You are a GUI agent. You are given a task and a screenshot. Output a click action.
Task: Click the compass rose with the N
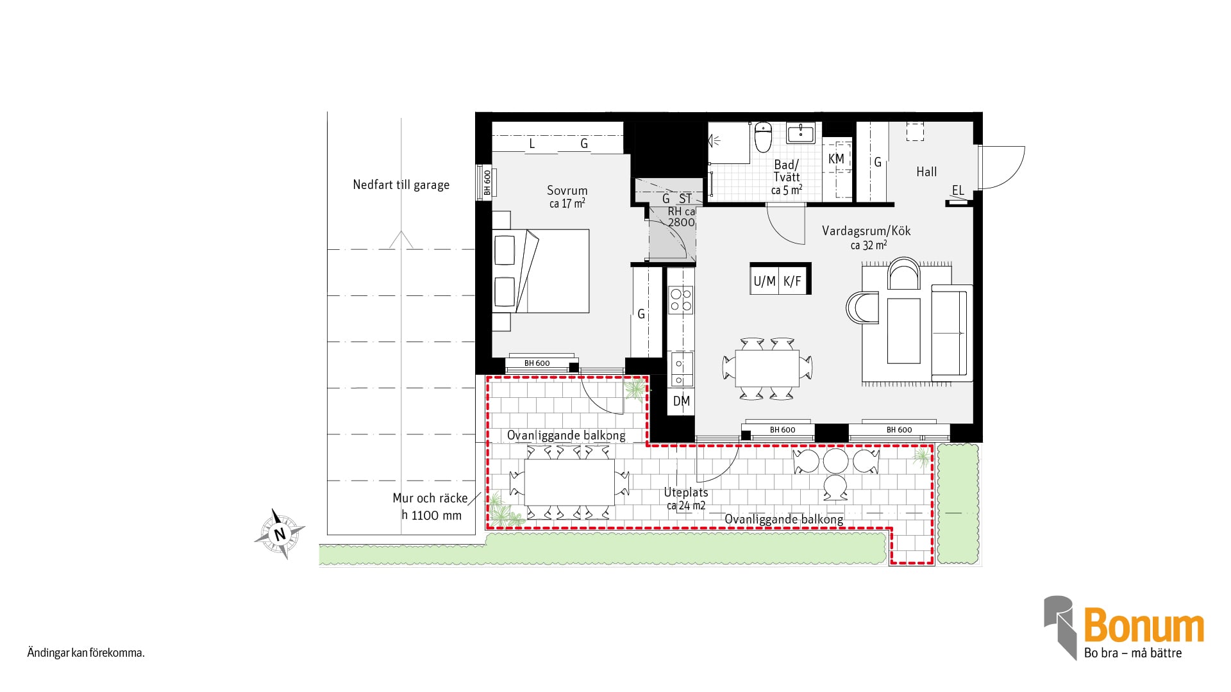point(280,534)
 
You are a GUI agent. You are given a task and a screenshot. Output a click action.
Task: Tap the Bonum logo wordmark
point(1144,626)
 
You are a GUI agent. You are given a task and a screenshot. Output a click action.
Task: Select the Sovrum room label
point(567,190)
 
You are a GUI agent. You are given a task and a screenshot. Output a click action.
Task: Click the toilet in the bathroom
point(763,137)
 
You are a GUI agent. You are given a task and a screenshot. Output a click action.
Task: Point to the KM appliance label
point(836,159)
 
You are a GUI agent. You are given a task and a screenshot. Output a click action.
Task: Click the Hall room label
point(926,172)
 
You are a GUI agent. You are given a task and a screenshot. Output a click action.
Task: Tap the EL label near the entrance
point(958,190)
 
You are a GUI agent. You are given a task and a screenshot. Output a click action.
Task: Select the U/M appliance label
point(764,281)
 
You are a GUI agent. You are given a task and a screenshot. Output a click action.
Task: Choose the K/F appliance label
point(792,281)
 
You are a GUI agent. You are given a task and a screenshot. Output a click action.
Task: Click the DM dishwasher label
point(682,401)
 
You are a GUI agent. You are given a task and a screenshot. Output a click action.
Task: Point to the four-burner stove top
point(681,300)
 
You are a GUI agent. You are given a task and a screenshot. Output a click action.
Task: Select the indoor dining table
point(767,368)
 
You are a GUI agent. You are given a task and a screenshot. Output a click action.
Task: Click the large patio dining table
point(569,482)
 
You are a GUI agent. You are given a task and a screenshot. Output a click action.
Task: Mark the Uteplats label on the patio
point(686,492)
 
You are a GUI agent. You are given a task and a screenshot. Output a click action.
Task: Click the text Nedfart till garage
point(401,185)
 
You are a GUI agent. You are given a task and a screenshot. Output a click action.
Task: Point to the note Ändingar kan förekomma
point(86,653)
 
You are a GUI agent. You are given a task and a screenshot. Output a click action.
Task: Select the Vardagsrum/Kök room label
point(866,231)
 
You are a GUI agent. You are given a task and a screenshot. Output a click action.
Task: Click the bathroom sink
point(800,134)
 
